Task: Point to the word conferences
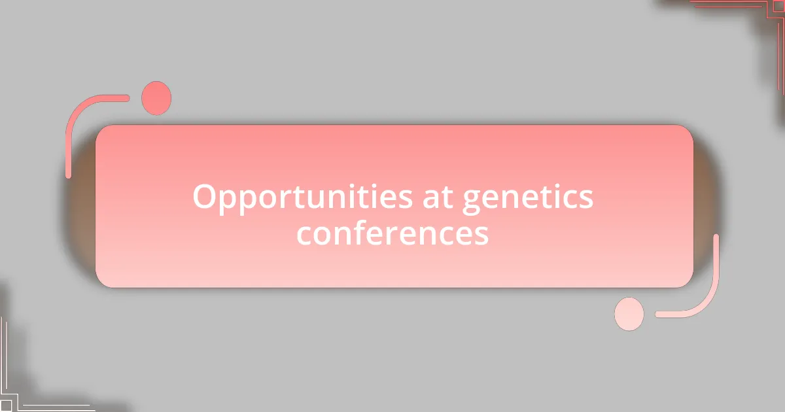coord(392,233)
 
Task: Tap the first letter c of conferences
coord(305,235)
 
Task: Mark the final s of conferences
coord(481,235)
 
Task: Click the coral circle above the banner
coord(156,98)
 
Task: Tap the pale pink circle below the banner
coord(629,314)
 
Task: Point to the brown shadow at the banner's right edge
coord(706,196)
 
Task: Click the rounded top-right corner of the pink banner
coord(684,133)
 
